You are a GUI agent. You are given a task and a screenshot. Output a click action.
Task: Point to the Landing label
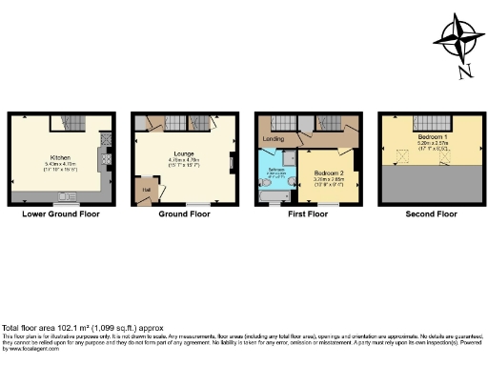pos(272,140)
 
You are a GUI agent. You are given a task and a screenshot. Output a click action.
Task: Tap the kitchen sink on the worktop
pos(66,198)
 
